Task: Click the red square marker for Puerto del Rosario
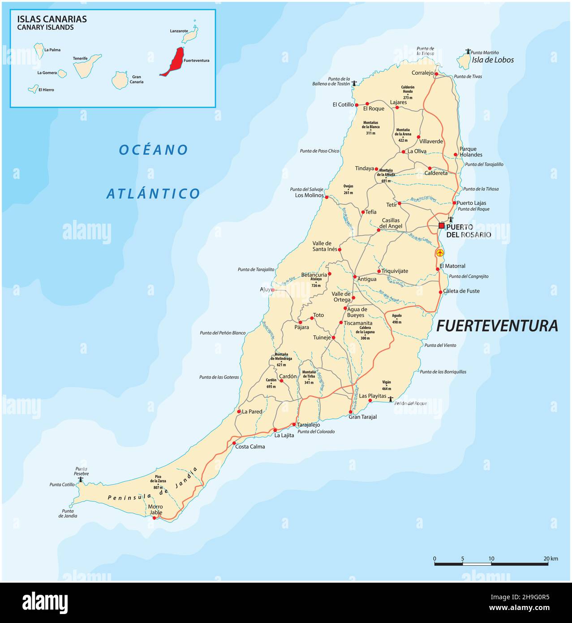click(x=441, y=225)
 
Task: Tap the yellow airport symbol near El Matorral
click(x=440, y=253)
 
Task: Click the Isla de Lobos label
click(x=493, y=60)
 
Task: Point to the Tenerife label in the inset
click(x=80, y=58)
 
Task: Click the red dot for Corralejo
click(x=436, y=74)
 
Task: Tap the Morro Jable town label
click(x=155, y=510)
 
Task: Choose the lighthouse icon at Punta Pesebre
click(x=81, y=480)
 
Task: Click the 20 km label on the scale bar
click(x=550, y=558)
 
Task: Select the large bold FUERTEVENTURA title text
click(x=497, y=326)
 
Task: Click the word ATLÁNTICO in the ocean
click(x=153, y=194)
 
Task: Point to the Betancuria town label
click(x=314, y=275)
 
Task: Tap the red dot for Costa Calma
click(x=234, y=443)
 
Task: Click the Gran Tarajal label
click(x=363, y=417)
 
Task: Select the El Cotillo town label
click(x=343, y=105)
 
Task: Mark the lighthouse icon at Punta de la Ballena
click(x=354, y=83)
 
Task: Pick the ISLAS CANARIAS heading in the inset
click(x=52, y=19)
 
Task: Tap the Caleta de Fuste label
click(x=461, y=291)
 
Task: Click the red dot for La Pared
click(x=239, y=411)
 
